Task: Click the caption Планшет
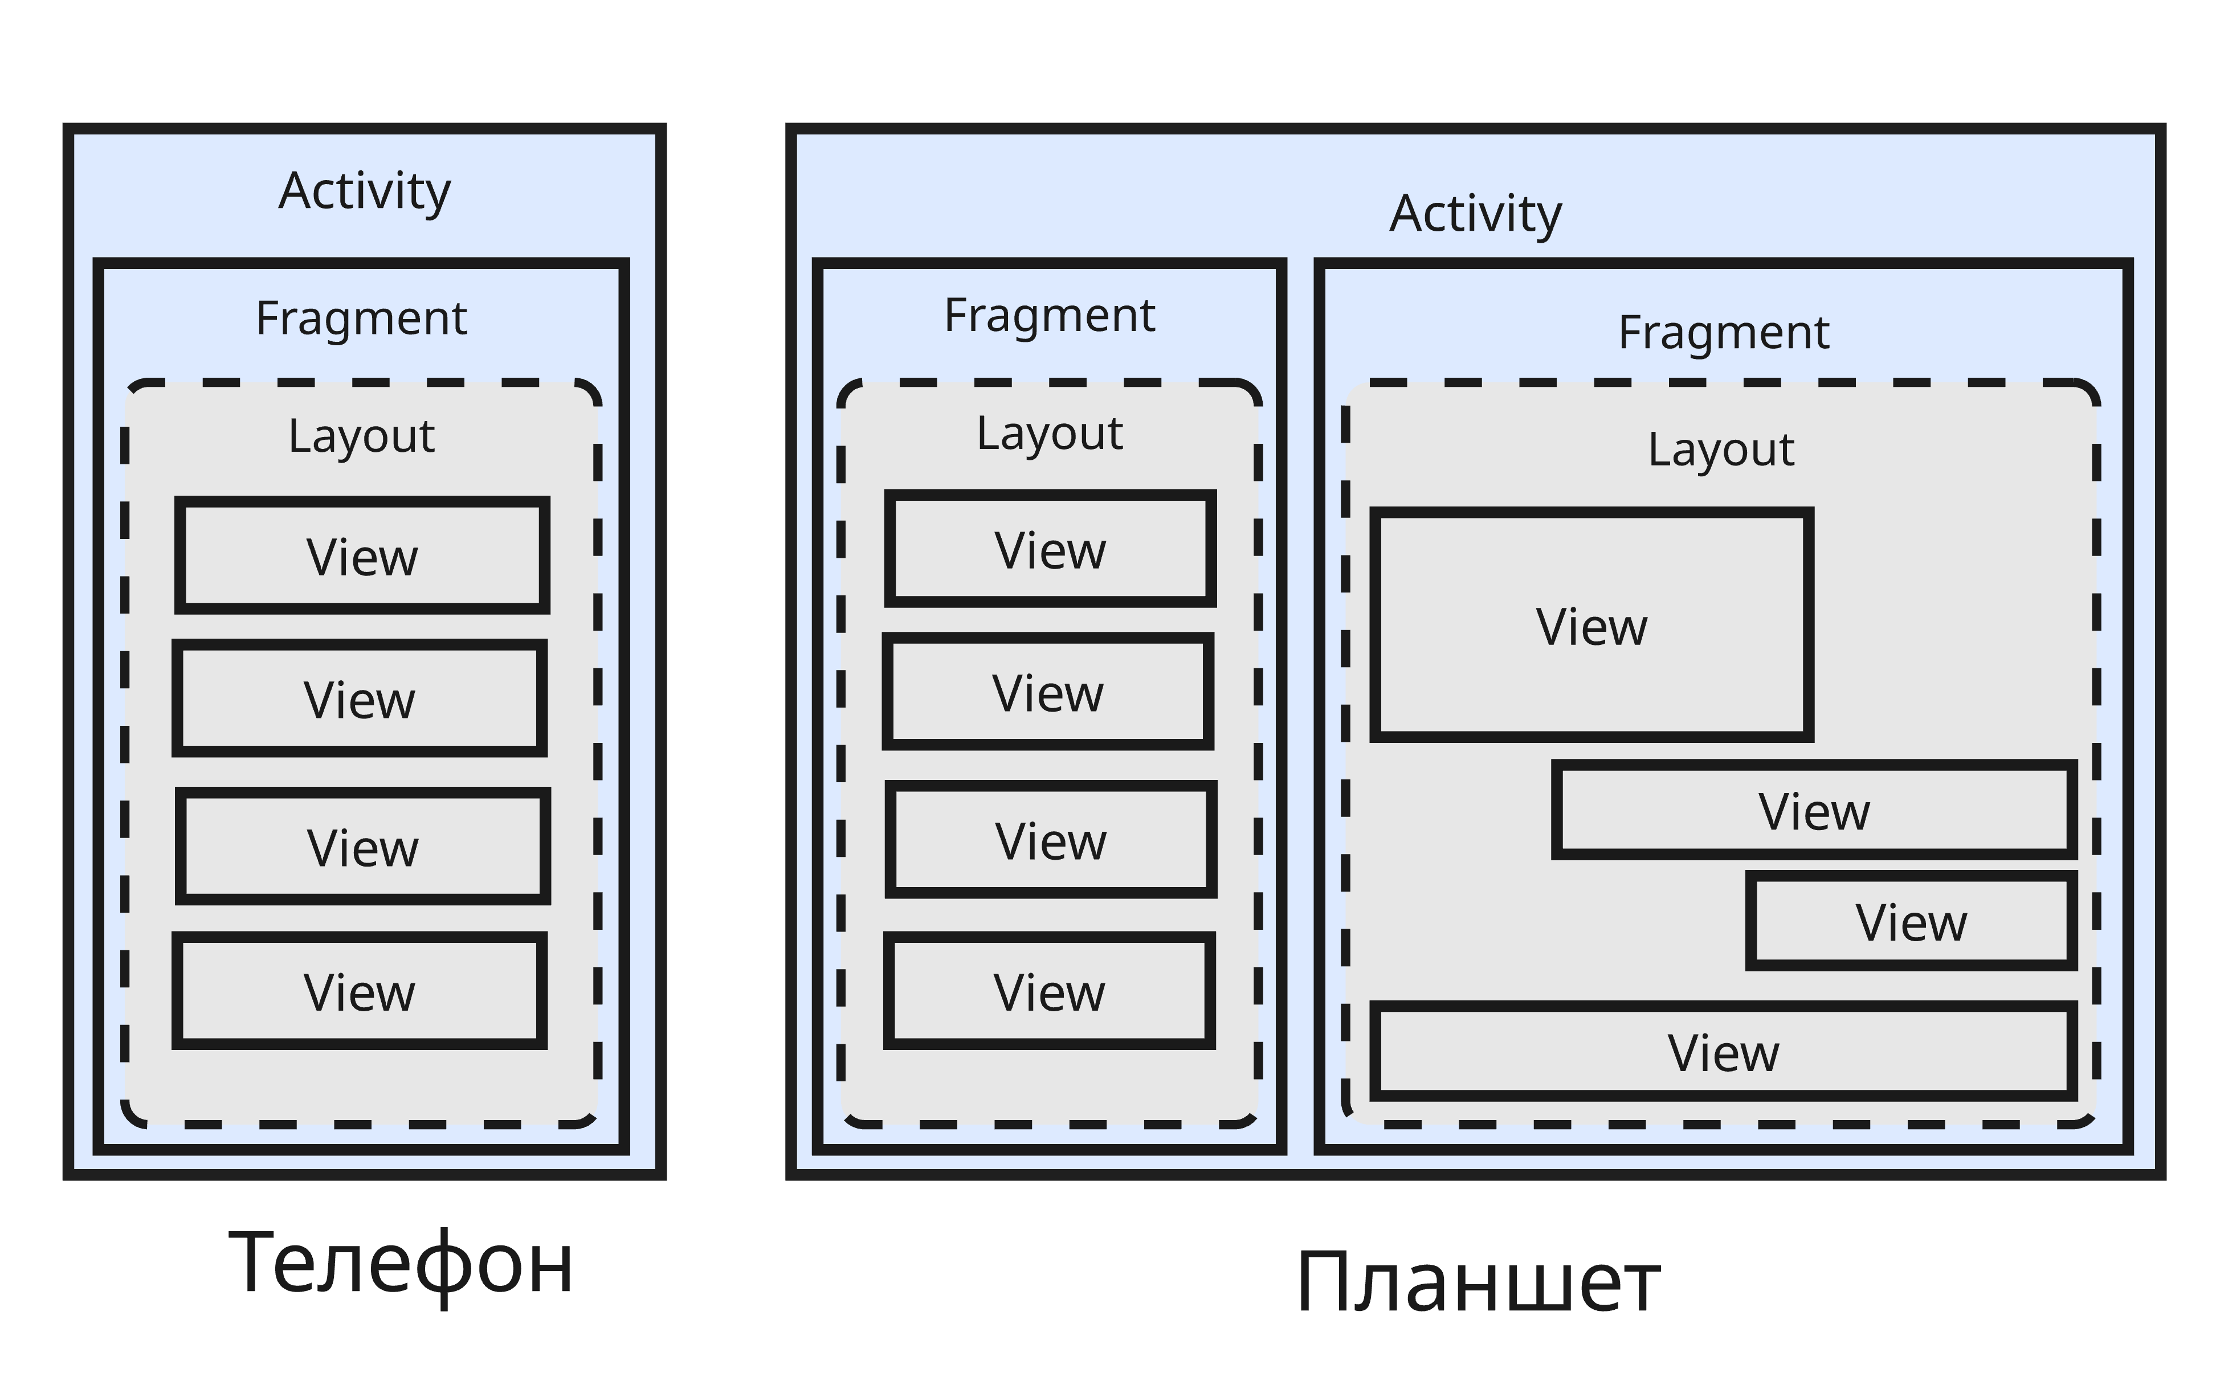[x=1477, y=1283]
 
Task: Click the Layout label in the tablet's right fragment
[x=1720, y=450]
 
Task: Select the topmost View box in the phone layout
[x=362, y=556]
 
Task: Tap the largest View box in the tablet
[x=1591, y=626]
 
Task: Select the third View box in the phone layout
[x=362, y=847]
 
